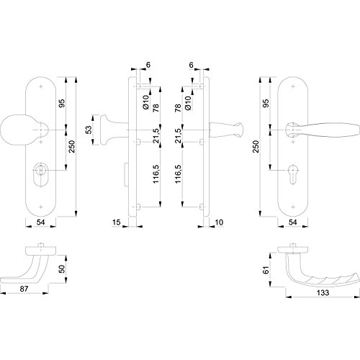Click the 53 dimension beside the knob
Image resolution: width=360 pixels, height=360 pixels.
(89, 130)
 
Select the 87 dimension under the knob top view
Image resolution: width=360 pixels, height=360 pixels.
(24, 289)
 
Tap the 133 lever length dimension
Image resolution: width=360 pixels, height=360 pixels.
(323, 293)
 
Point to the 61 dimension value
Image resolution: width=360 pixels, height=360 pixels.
(266, 270)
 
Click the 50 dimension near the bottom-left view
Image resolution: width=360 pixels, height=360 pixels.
(62, 269)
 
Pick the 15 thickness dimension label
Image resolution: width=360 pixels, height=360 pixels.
(116, 222)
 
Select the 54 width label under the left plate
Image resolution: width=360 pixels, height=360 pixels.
(40, 222)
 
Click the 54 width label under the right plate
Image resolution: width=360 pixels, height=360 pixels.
(293, 222)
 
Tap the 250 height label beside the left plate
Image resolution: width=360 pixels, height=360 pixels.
(72, 147)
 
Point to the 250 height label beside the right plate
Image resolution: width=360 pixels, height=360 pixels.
(256, 147)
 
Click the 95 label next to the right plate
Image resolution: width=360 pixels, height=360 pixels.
(266, 103)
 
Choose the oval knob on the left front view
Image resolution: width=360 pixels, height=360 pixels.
(19, 130)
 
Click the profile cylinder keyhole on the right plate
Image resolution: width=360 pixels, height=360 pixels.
(293, 174)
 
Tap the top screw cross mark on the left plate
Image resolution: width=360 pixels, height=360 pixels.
(41, 86)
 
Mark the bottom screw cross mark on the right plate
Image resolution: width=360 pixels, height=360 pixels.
(293, 207)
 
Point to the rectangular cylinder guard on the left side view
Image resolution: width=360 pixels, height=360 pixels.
(126, 174)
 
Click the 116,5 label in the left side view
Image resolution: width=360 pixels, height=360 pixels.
(156, 174)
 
